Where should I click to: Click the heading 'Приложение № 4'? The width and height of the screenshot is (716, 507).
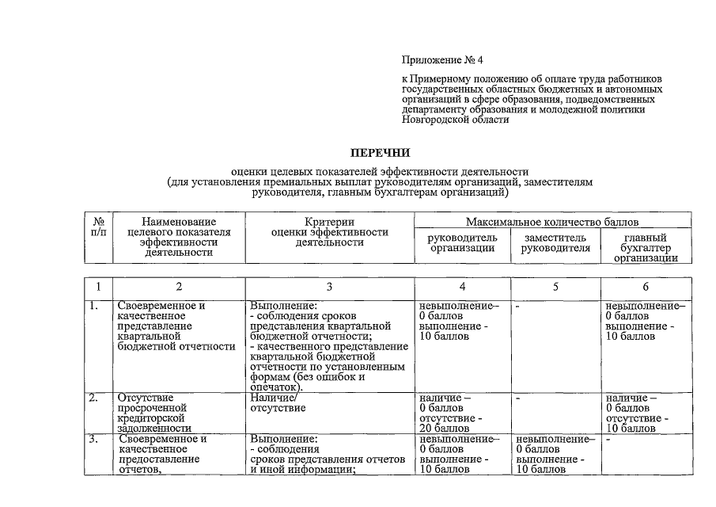[441, 59]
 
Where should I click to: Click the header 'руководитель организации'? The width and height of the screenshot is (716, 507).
[462, 242]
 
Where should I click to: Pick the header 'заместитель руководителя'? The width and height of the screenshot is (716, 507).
[555, 242]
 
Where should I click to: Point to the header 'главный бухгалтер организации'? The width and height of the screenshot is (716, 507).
[646, 247]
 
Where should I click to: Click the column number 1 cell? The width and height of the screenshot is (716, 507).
[98, 287]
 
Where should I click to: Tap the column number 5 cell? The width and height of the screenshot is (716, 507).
[555, 287]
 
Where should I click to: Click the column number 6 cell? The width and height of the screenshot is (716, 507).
[646, 287]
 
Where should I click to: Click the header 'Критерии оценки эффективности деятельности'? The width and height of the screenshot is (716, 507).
[329, 232]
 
